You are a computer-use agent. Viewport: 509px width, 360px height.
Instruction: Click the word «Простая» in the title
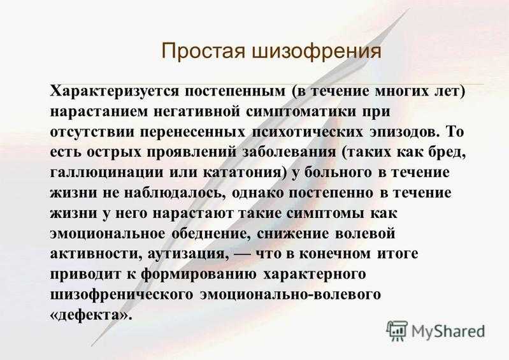203,51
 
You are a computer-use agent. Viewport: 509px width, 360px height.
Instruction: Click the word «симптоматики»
301,112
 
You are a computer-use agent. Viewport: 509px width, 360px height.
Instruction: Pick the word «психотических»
308,132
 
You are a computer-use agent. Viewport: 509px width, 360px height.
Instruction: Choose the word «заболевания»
290,152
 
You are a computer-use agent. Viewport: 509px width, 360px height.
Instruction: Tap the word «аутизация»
187,254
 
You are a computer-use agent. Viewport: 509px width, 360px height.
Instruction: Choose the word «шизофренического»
122,295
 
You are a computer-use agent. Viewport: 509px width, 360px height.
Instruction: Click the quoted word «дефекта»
91,315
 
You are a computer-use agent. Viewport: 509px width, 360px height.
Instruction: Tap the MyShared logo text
448,331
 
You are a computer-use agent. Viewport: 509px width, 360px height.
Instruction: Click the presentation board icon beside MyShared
396,331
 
